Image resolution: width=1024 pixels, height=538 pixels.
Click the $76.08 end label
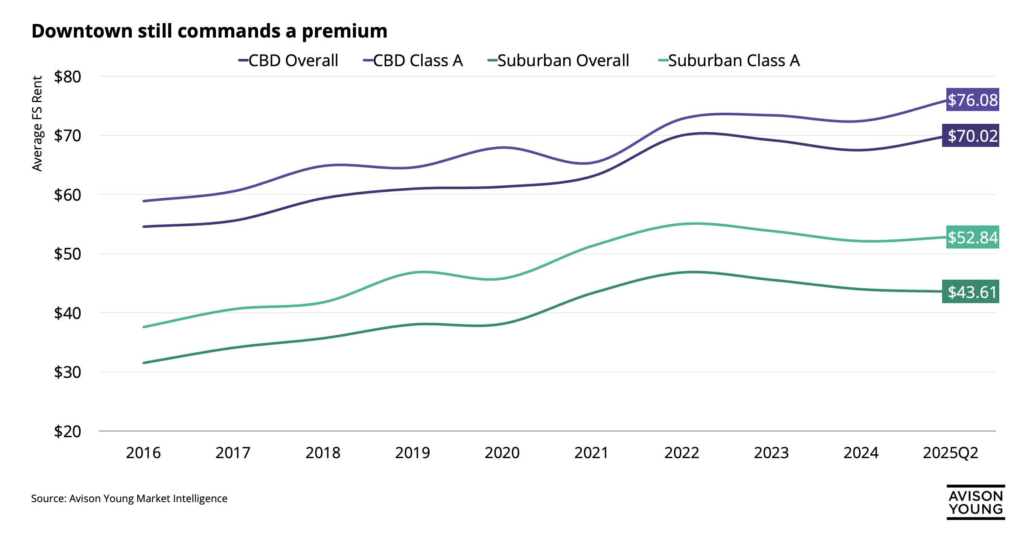coord(972,100)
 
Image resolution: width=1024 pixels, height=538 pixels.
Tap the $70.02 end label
coord(970,136)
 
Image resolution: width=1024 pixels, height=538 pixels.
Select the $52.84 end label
coord(972,237)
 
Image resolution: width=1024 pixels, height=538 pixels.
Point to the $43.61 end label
coord(970,292)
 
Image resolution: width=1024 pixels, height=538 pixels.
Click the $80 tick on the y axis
coord(67,77)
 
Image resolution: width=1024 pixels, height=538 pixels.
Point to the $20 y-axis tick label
coord(67,431)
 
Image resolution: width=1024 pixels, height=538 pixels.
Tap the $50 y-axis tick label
coord(67,254)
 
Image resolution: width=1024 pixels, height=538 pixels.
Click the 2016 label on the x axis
coord(143,453)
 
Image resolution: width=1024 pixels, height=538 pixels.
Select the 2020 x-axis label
coord(502,453)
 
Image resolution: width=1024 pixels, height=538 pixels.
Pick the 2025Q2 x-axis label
coord(951,453)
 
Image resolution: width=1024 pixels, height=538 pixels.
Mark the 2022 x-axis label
coord(681,453)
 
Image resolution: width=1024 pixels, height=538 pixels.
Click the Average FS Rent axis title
coord(38,124)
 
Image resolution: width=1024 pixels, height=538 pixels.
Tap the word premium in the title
coord(344,32)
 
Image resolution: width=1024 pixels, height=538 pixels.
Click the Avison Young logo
coord(975,502)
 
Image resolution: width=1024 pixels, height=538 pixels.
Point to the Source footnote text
coord(129,498)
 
